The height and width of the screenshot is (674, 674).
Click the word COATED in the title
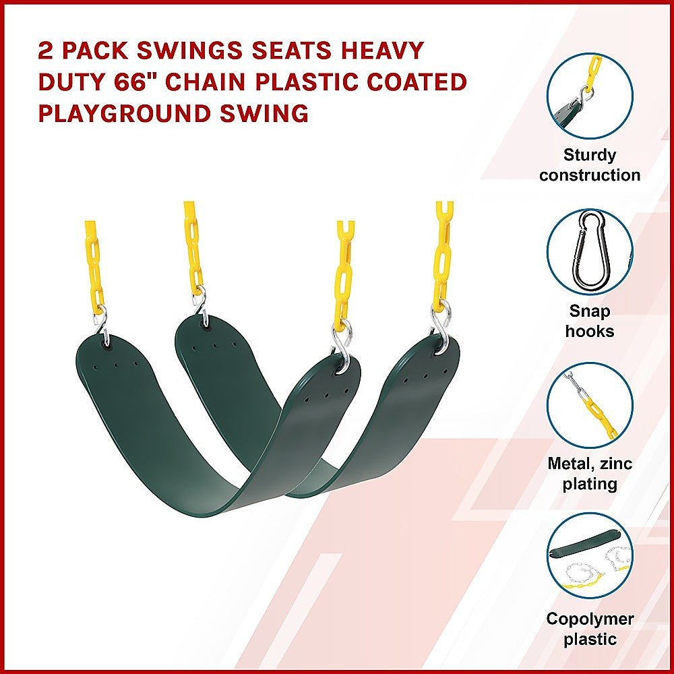(x=418, y=82)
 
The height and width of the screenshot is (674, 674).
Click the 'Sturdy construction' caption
(x=590, y=165)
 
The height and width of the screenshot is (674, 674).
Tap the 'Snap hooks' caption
(x=590, y=321)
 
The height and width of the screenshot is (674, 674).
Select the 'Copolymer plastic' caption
(x=590, y=628)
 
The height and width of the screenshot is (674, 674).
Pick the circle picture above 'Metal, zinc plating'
(x=590, y=405)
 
